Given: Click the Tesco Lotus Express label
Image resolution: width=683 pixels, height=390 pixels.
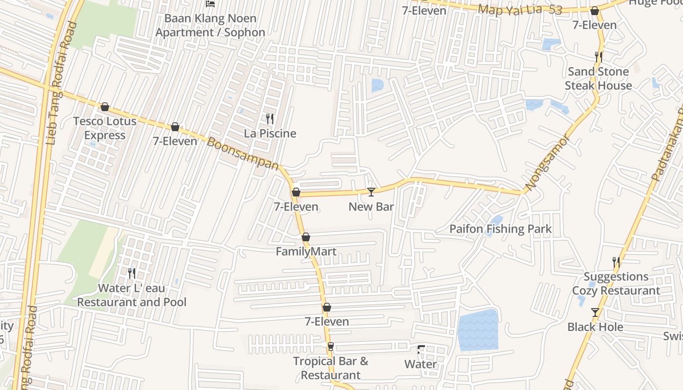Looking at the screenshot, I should click(x=104, y=128).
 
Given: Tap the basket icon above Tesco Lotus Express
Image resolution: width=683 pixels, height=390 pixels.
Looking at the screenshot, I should click(x=104, y=107).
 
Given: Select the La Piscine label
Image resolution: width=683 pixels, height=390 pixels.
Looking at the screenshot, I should click(x=270, y=134).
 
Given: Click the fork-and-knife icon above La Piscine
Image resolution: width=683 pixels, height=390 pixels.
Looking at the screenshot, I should click(x=269, y=118).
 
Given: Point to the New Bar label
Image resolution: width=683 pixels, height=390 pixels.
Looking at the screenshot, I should click(x=371, y=207).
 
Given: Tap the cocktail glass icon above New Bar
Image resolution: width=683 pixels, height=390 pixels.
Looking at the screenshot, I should click(x=371, y=192).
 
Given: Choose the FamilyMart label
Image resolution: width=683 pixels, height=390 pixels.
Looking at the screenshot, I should click(x=306, y=252).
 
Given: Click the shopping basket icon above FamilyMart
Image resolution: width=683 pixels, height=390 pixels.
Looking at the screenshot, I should click(x=306, y=237).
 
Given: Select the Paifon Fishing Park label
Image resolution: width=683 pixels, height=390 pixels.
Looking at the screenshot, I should click(x=501, y=229).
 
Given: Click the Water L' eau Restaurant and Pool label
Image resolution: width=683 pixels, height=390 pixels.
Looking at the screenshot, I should click(x=132, y=295).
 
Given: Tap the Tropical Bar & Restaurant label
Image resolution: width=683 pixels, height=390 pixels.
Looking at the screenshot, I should click(x=330, y=368).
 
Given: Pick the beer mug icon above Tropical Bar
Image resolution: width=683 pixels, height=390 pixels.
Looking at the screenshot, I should click(x=331, y=347).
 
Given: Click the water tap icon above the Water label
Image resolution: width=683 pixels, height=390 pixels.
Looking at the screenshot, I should click(x=421, y=350).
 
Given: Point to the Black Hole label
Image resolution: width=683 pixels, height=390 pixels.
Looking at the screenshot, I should click(x=595, y=327).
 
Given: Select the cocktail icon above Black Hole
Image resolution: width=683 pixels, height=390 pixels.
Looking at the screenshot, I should click(x=595, y=312).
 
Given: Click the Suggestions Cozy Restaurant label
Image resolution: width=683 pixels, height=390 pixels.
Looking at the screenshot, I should click(x=616, y=284).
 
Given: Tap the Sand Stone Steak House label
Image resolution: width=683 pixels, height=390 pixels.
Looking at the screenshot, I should click(x=598, y=78).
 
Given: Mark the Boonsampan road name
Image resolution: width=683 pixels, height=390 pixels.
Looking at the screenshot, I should click(x=242, y=154).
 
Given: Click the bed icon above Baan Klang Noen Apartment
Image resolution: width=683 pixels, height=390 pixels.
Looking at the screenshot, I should click(x=210, y=4).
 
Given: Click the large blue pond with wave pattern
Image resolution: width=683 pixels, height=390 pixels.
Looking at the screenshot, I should click(x=478, y=330).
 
